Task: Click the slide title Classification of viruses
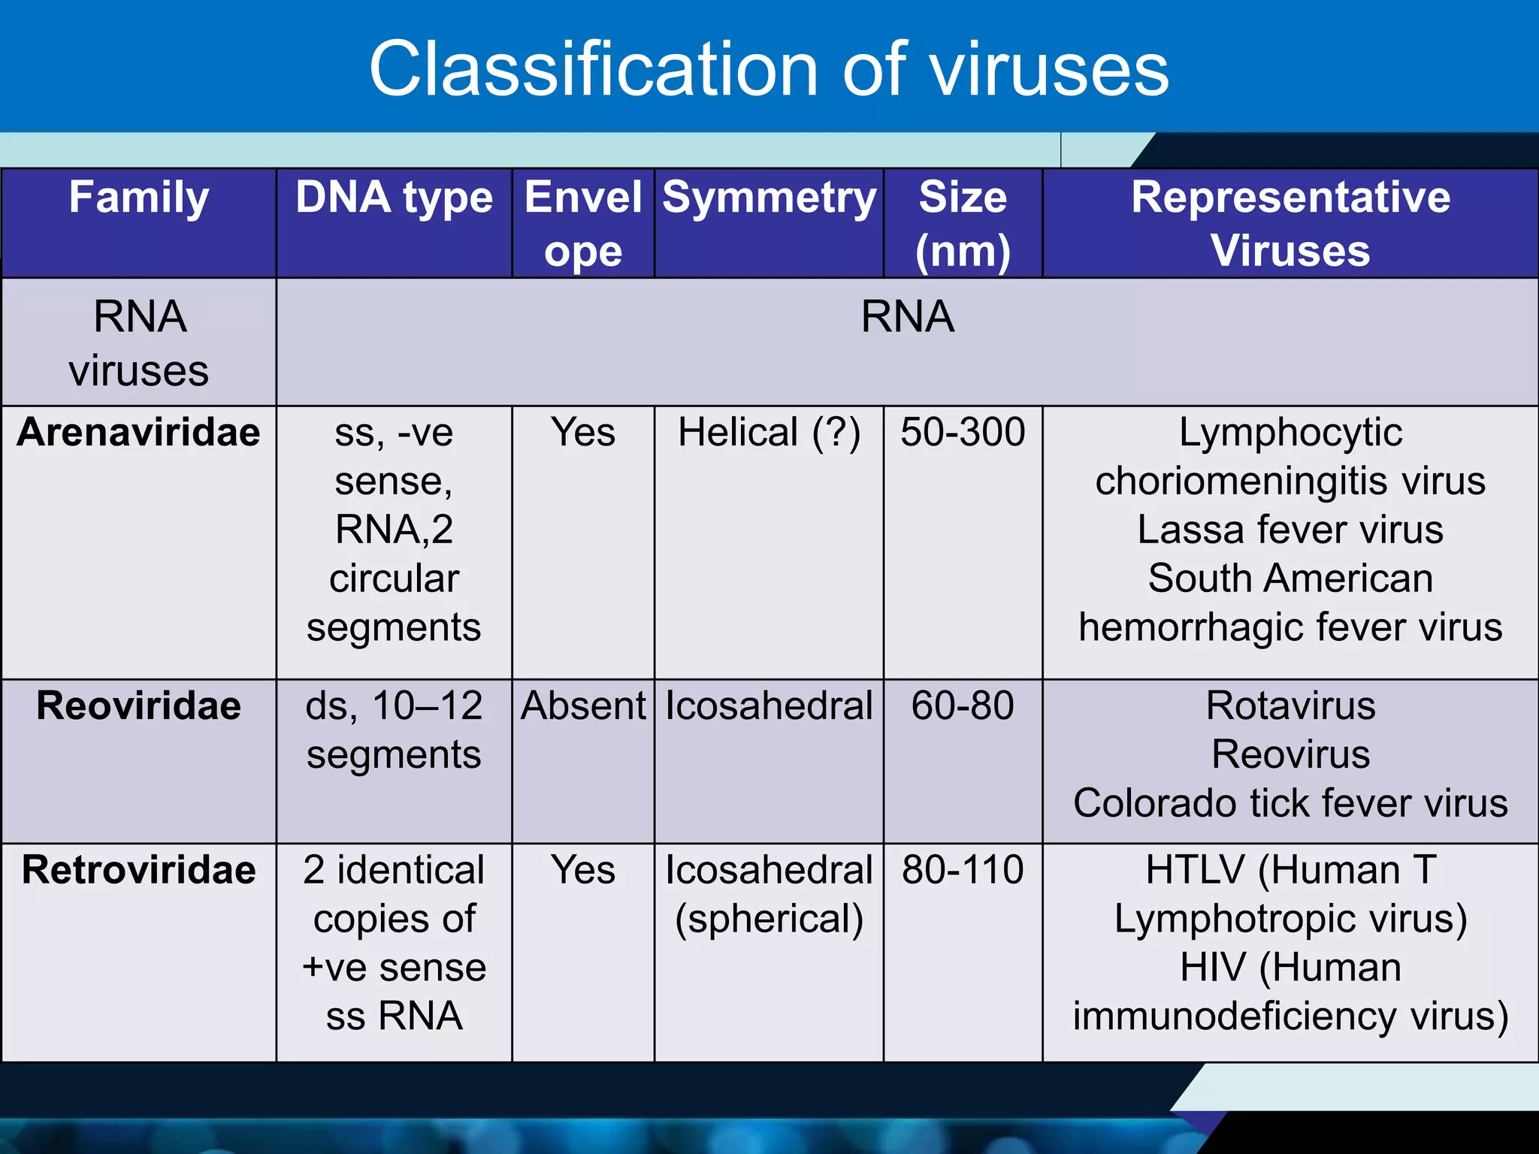pyautogui.click(x=768, y=69)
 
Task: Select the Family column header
pyautogui.click(x=139, y=198)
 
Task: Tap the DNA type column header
pyautogui.click(x=394, y=198)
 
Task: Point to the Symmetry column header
pyautogui.click(x=769, y=198)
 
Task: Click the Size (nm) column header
pyautogui.click(x=963, y=223)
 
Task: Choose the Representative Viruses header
pyautogui.click(x=1290, y=223)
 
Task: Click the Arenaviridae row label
pyautogui.click(x=139, y=433)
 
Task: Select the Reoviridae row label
pyautogui.click(x=139, y=706)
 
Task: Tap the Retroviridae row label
pyautogui.click(x=139, y=870)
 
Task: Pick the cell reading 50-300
pyautogui.click(x=963, y=433)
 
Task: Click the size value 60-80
pyautogui.click(x=963, y=706)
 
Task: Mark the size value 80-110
pyautogui.click(x=963, y=870)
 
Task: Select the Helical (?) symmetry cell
pyautogui.click(x=769, y=433)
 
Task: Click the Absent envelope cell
pyautogui.click(x=583, y=706)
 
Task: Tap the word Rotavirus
pyautogui.click(x=1290, y=706)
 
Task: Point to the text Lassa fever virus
pyautogui.click(x=1290, y=530)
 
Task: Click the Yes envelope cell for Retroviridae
pyautogui.click(x=583, y=870)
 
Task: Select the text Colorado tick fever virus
pyautogui.click(x=1290, y=803)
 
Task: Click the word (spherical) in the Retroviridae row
pyautogui.click(x=769, y=919)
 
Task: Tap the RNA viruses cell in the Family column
pyautogui.click(x=139, y=343)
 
